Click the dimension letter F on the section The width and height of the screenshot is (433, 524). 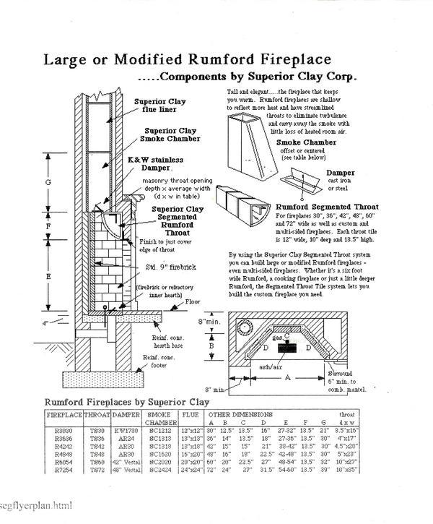pos(48,226)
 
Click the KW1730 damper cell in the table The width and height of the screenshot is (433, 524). pos(125,431)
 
